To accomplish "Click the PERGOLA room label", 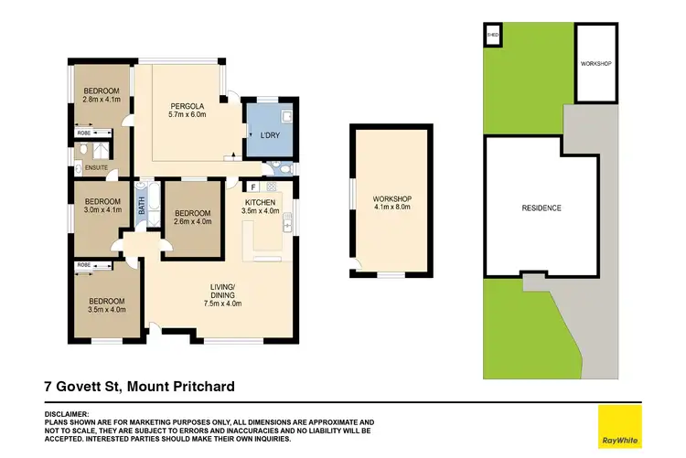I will click(x=177, y=104).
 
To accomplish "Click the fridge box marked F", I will click(x=252, y=187).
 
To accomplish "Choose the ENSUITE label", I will click(x=95, y=167).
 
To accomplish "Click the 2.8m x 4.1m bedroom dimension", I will click(x=101, y=101).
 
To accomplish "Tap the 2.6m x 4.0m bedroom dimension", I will click(x=192, y=220).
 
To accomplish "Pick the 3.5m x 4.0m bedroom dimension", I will click(x=106, y=310).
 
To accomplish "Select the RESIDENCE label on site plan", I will click(x=541, y=208).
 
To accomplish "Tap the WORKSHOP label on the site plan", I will click(x=595, y=64).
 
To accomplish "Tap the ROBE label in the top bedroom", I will click(x=83, y=133).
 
